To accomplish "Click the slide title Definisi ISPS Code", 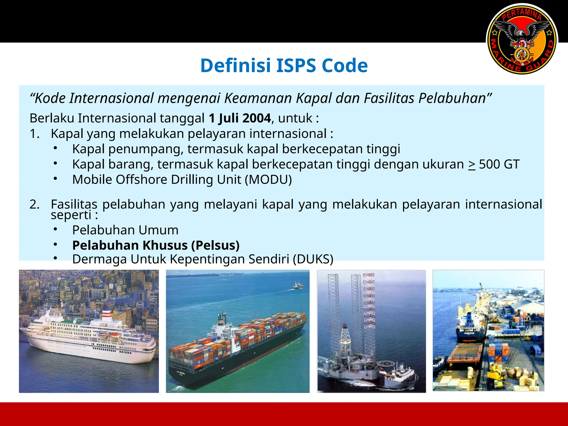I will pos(284,66).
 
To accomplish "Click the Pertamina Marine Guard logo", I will pos(522,39).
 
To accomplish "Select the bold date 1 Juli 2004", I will pos(240,118).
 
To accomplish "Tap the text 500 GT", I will pos(499,164).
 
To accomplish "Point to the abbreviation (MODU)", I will pos(268,179).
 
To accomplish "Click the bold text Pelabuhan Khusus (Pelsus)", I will pos(156,245).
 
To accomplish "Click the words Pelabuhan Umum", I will pos(125,230).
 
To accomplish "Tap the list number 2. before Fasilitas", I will pos(34,204).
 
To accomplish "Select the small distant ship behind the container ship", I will pos(297,286).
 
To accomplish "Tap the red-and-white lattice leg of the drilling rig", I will pos(369,300).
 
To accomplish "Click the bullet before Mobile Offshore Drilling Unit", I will pos(55,179).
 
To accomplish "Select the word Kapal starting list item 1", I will pos(67,134).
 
